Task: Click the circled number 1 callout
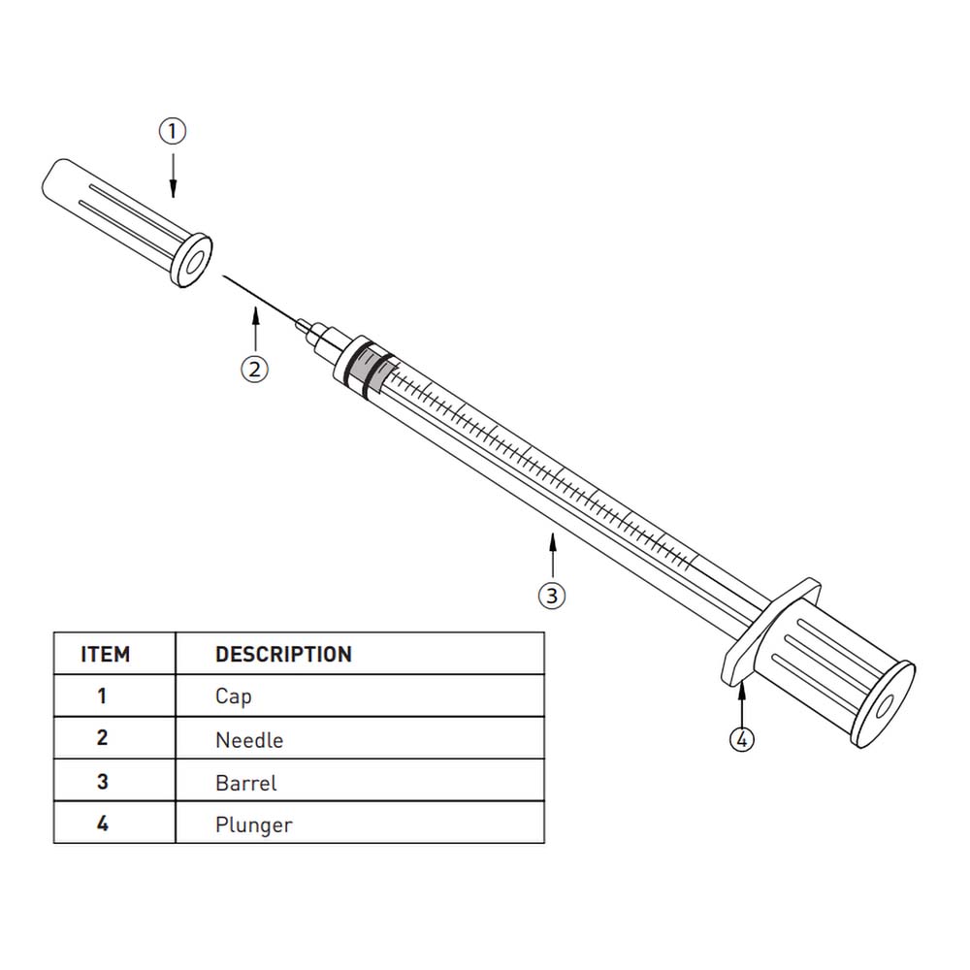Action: (x=172, y=131)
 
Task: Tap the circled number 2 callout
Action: (x=254, y=370)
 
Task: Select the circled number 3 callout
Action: (x=552, y=596)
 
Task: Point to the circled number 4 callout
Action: (x=742, y=739)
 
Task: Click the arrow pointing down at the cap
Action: (x=174, y=176)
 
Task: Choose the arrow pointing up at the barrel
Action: (x=553, y=554)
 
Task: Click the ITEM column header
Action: (x=106, y=655)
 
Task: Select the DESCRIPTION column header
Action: (x=284, y=655)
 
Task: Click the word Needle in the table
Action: (x=249, y=740)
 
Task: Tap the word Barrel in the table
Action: (x=246, y=783)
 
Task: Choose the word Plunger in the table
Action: (x=253, y=825)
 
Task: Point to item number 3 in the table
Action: (x=103, y=782)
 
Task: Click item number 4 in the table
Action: (x=103, y=824)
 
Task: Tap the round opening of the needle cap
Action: (x=193, y=262)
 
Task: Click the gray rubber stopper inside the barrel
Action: (x=369, y=370)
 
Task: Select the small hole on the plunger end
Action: (x=884, y=707)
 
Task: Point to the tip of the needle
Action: (x=223, y=276)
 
